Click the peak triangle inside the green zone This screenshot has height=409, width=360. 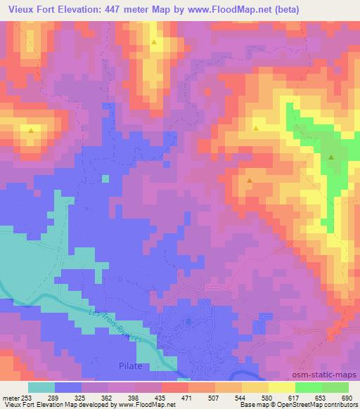[330, 157]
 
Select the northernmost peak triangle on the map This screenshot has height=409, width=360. [153, 42]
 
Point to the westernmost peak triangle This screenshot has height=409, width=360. [30, 130]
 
